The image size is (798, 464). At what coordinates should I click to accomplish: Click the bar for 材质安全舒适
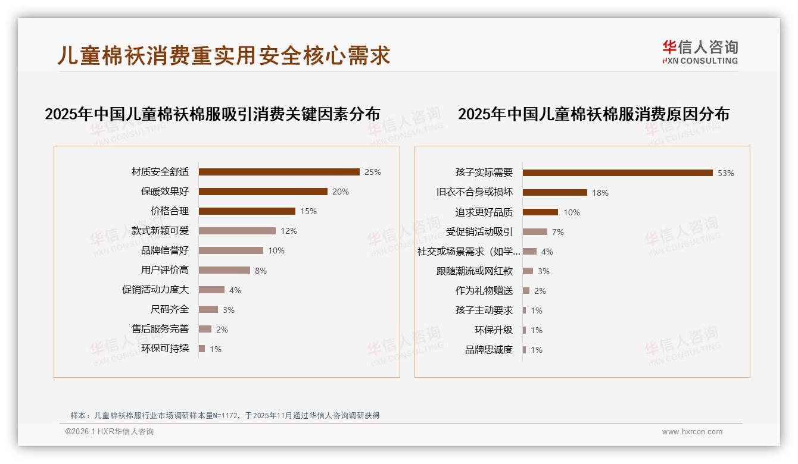tap(279, 172)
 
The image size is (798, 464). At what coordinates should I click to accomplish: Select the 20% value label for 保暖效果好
tap(341, 192)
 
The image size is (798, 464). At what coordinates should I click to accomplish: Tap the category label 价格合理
tap(169, 211)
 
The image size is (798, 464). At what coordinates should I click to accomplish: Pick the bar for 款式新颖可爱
tap(237, 231)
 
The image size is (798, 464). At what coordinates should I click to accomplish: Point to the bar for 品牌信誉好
tap(230, 250)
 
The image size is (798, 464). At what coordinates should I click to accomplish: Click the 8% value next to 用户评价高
tap(260, 271)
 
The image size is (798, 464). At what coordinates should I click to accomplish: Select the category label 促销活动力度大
tap(155, 290)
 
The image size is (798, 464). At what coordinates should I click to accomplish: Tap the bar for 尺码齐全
tap(208, 309)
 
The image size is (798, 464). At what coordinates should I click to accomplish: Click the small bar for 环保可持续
tap(202, 349)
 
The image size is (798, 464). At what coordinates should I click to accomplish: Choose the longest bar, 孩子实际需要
tap(618, 173)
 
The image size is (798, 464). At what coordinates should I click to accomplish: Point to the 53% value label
tap(725, 174)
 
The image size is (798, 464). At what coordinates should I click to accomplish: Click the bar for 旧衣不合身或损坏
tap(555, 193)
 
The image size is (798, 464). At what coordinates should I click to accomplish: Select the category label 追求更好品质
tap(484, 212)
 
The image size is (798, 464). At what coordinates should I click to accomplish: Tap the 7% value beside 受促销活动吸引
tap(557, 232)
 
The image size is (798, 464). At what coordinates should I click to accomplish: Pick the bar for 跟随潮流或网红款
tap(528, 271)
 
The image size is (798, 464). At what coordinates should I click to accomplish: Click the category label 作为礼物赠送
tap(484, 291)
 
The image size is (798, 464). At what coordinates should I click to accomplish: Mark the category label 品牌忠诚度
tap(488, 350)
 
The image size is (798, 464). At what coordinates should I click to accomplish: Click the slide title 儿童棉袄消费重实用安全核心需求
tap(224, 55)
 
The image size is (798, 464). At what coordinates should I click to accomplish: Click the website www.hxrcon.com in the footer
tap(692, 432)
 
